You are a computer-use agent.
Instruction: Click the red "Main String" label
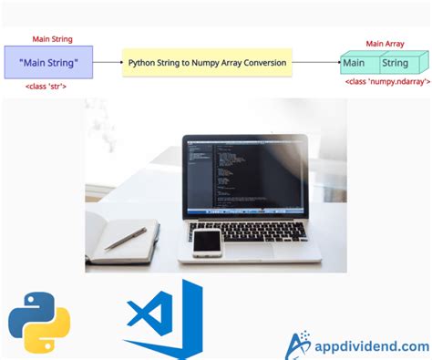(x=51, y=38)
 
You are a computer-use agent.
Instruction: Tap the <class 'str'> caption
(x=50, y=86)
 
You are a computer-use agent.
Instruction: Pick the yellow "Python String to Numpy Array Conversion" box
(x=207, y=63)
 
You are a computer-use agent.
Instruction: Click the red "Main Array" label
(x=385, y=43)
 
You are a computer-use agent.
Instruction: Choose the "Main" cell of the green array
(x=355, y=63)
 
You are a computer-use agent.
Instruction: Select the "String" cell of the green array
(x=395, y=63)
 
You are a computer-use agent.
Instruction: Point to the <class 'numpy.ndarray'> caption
(x=386, y=81)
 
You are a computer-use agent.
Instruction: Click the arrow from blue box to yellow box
(x=108, y=63)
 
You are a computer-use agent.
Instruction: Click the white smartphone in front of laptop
(x=207, y=242)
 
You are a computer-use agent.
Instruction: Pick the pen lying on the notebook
(x=126, y=239)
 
